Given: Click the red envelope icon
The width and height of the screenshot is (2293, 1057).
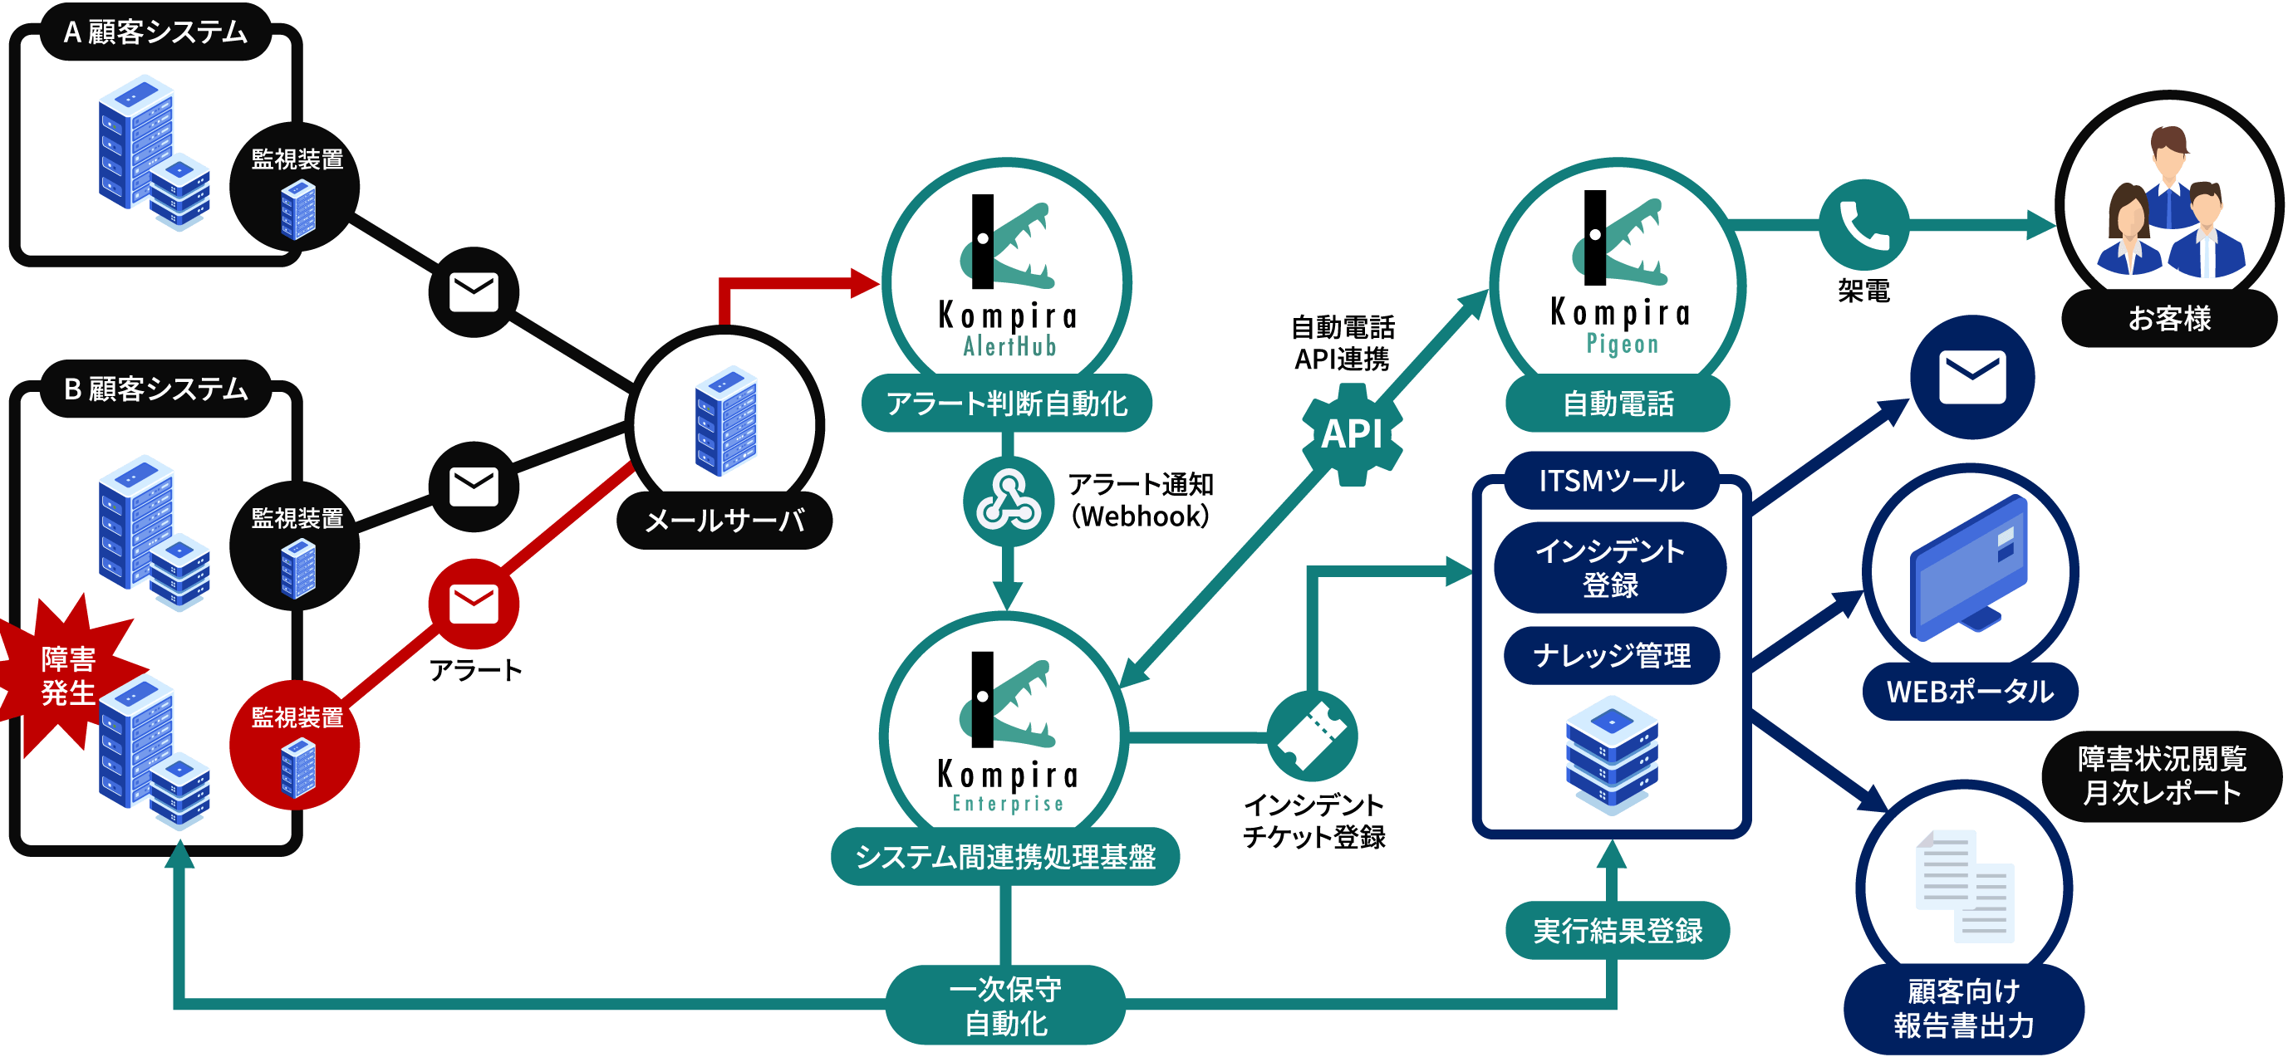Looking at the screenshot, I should tap(474, 604).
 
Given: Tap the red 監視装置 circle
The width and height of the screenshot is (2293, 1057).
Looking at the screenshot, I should tap(296, 746).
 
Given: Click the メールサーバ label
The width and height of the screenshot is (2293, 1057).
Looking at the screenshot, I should tap(724, 521).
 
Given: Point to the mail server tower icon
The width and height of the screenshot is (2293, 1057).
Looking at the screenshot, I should tap(726, 420).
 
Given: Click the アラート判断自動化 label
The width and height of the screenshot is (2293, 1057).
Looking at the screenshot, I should tap(1007, 404).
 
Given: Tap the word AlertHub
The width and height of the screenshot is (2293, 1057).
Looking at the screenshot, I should tap(1009, 346).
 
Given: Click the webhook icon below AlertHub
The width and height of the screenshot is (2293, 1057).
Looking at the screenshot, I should tap(1009, 502).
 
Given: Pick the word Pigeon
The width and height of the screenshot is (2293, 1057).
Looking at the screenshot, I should tap(1622, 345).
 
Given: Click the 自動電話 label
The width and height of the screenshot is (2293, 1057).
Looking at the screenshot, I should tap(1618, 404).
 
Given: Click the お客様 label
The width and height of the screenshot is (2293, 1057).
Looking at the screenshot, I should tap(2169, 319).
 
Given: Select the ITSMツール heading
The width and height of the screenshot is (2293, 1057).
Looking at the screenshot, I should tap(1611, 482).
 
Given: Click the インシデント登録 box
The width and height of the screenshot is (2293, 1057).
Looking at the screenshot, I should tap(1610, 568).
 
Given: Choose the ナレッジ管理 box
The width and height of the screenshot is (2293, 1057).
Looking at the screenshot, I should tap(1611, 656).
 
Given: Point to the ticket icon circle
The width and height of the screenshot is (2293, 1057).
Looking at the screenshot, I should tap(1312, 736).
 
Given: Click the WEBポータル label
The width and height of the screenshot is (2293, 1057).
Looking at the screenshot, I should tap(1970, 692).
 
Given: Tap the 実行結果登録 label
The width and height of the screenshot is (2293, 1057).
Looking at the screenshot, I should tap(1618, 931).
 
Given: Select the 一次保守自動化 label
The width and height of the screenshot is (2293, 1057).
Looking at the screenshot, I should tap(1006, 1006).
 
